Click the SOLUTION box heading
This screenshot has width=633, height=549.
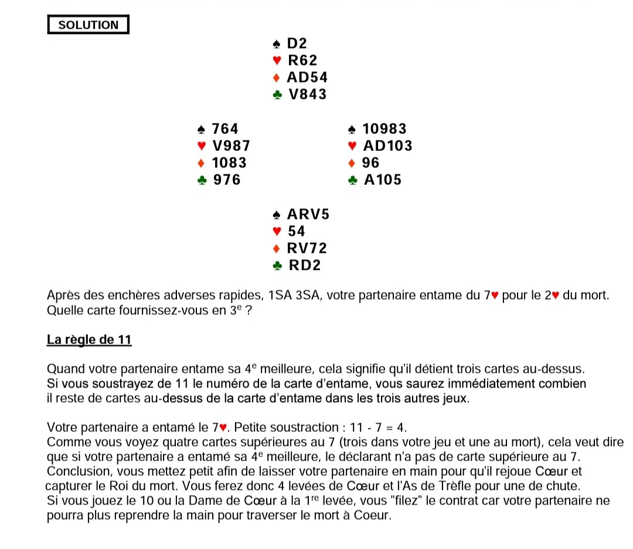88,25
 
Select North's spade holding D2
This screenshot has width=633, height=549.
297,43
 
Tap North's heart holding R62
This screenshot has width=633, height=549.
302,60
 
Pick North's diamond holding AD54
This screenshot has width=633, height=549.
307,77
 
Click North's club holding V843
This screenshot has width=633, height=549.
308,94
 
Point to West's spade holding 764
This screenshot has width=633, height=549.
225,129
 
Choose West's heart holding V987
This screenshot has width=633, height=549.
231,146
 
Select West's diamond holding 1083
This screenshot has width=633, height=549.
229,163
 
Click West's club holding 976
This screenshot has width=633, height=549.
226,180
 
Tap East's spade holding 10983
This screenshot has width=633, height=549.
384,129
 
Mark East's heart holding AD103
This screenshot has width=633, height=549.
387,146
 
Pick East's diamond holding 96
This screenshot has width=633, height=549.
371,163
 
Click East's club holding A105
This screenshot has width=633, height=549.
383,180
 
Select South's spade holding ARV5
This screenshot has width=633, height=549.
308,214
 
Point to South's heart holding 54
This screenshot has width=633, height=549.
297,231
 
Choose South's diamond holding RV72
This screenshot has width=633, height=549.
307,248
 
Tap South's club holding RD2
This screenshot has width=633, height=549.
305,265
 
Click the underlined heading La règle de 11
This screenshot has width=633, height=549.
89,341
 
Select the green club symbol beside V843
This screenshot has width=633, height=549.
278,95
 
